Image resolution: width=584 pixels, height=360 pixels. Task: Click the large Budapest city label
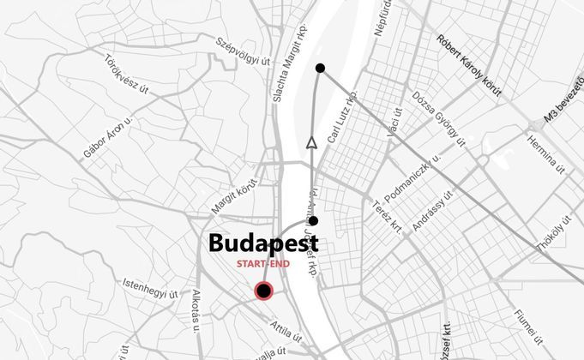(x=263, y=243)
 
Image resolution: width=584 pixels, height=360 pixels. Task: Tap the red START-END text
(x=264, y=264)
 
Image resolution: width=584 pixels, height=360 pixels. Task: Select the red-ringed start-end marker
(x=264, y=291)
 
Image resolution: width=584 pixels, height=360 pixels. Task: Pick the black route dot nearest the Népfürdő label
(x=320, y=68)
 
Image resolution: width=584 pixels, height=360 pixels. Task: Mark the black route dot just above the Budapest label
(x=314, y=221)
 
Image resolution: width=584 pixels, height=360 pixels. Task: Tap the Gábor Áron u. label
(x=109, y=140)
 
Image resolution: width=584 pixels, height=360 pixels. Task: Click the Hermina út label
(x=545, y=155)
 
